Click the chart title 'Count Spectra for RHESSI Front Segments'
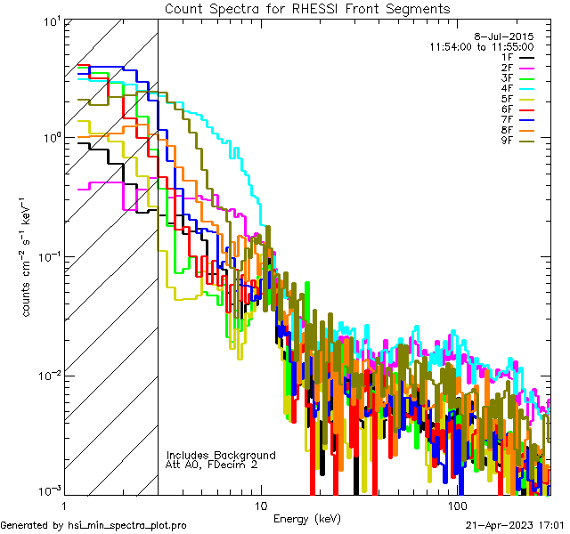coord(307,8)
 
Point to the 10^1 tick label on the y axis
coord(51,20)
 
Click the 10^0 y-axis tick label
coord(51,138)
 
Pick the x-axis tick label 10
coord(260,506)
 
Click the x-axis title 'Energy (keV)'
coord(306,518)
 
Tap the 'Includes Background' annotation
coord(221,455)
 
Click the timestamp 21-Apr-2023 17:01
coord(517,525)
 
